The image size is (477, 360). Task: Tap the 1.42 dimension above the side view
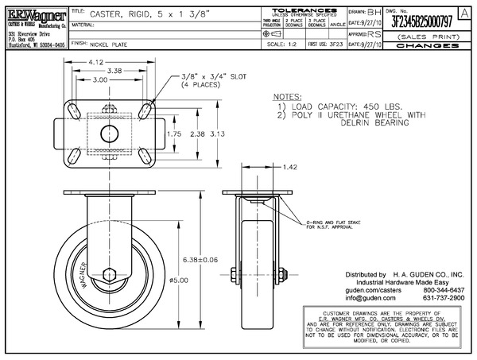[x=289, y=168]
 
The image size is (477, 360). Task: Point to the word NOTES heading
[x=288, y=95]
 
